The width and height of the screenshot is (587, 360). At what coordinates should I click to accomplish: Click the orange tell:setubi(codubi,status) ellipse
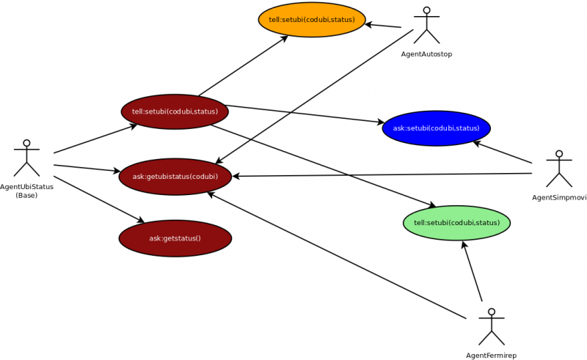click(x=312, y=20)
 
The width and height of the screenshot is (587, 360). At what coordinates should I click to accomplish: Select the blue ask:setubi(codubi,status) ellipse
click(x=436, y=128)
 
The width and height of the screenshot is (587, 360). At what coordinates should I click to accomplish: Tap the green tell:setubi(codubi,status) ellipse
click(x=456, y=223)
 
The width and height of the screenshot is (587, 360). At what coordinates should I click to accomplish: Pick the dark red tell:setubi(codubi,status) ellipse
click(x=175, y=111)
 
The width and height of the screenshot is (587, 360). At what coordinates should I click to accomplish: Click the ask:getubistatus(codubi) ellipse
click(x=175, y=177)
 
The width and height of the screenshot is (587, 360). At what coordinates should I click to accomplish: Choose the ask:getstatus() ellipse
click(x=175, y=238)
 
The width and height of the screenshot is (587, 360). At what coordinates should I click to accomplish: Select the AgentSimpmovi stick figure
click(x=559, y=169)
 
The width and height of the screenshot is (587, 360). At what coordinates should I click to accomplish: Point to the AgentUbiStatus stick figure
click(x=27, y=158)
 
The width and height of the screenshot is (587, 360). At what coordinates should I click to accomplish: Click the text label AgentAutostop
click(x=426, y=54)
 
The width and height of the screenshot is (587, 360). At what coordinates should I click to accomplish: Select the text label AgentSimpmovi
click(x=559, y=197)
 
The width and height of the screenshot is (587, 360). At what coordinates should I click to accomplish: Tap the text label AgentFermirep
click(x=492, y=355)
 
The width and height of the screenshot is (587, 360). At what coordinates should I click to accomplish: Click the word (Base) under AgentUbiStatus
click(x=27, y=195)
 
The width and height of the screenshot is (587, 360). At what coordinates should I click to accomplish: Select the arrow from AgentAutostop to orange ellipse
click(x=383, y=26)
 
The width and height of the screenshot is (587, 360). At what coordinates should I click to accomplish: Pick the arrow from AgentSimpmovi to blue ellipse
click(x=502, y=152)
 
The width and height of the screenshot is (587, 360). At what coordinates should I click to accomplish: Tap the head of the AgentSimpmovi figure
click(x=559, y=155)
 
